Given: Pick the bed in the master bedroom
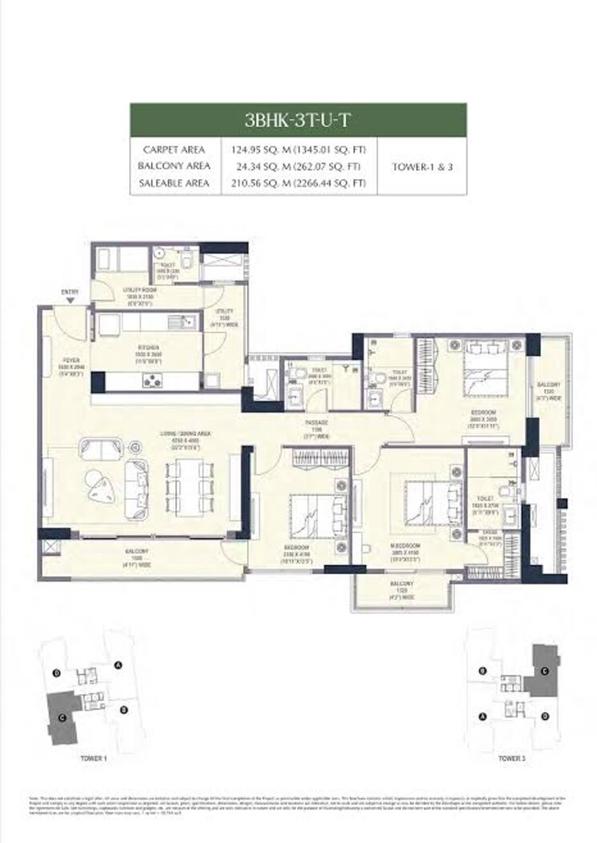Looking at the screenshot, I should pos(422,506).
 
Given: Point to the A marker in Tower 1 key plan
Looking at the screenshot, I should pos(118,664).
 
